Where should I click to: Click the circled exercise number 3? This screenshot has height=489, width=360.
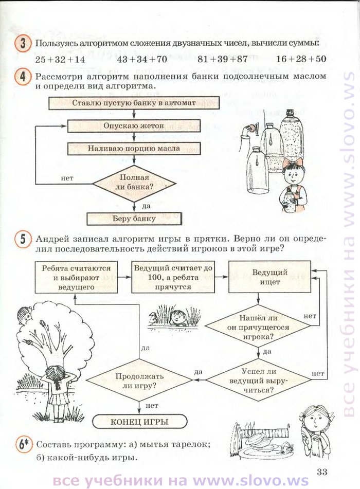coord(23,43)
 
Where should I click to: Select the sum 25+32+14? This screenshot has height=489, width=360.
coord(60,59)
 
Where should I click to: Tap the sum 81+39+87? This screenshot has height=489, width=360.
coord(222,59)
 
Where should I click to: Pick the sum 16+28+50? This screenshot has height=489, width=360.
coord(301,59)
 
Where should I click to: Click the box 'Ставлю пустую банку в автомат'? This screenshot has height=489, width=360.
coord(134,103)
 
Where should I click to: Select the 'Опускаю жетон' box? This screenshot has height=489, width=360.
coord(134,126)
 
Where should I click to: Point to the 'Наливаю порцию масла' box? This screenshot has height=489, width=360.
coord(134,149)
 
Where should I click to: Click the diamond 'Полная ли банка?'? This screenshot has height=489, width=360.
coord(134,184)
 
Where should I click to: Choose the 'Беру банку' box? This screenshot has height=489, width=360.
coord(134,219)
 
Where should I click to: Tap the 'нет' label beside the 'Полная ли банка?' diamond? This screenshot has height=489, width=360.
coord(67,178)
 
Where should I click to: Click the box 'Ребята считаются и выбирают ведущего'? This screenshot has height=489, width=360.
coord(76,277)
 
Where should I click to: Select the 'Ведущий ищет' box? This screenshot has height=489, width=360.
coord(270,277)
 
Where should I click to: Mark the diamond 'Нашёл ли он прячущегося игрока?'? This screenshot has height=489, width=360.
coord(258,327)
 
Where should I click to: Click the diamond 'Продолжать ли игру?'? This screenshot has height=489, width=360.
coord(139,380)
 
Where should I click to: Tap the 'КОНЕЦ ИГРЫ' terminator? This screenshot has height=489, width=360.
coord(139,422)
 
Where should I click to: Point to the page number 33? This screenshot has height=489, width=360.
coord(321,472)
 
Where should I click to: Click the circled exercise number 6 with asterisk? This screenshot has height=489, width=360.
coord(24,445)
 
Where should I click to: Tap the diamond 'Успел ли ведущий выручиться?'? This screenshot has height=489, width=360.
coord(258,380)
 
